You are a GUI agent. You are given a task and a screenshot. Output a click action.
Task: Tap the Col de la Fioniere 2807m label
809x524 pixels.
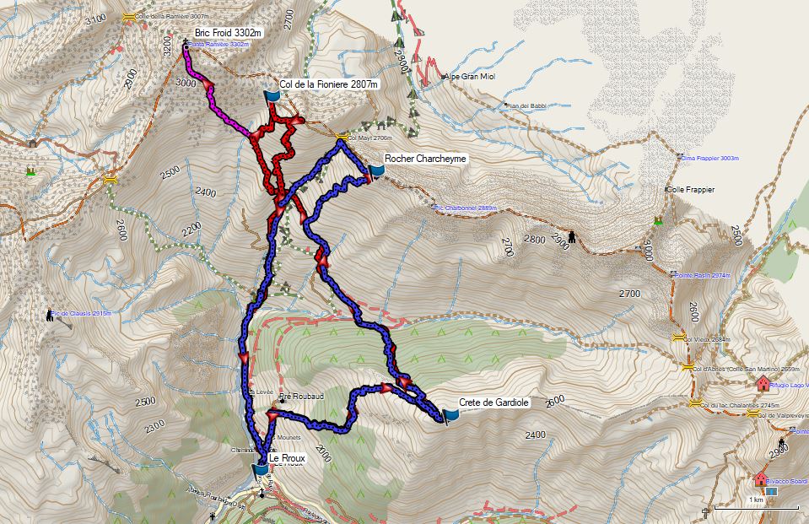(328, 84)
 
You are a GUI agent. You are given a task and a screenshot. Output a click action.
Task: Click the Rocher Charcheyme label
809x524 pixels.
(425, 158)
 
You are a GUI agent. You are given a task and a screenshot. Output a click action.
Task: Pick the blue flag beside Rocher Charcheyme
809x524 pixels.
(375, 172)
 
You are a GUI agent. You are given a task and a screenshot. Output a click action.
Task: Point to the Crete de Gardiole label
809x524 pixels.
(493, 402)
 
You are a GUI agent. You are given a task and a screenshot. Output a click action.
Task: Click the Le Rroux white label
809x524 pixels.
(287, 458)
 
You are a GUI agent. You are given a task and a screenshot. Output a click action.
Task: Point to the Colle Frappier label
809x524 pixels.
(692, 190)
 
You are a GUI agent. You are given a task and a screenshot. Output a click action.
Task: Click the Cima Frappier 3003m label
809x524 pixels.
(710, 157)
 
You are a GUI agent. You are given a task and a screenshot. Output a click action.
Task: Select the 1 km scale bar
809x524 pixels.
(756, 507)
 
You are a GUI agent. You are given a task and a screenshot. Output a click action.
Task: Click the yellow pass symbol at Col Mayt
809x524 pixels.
(341, 137)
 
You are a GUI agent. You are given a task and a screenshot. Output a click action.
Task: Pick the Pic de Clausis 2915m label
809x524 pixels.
(81, 313)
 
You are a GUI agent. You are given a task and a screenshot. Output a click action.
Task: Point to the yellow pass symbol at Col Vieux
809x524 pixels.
(677, 339)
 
